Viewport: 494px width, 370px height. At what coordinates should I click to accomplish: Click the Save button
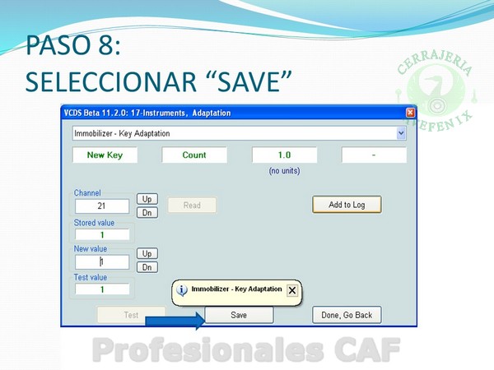coord(239,315)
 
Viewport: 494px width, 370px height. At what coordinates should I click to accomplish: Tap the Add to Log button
coord(347,205)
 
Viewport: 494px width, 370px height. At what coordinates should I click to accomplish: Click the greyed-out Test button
coord(131,315)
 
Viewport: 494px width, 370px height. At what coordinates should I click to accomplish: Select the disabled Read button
coord(192,205)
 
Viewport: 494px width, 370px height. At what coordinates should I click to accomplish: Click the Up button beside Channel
coord(147,199)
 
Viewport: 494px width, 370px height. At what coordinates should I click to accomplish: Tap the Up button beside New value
coord(147,253)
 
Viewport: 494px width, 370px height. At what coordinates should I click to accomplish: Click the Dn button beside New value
coord(147,267)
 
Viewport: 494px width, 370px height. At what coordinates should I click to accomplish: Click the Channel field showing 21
coord(102,206)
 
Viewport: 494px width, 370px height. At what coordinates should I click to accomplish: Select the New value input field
coord(102,261)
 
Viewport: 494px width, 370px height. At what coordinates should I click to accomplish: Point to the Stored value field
coord(102,234)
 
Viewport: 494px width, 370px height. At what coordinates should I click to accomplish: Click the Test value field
coord(102,289)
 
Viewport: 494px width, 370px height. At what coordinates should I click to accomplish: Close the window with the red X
coord(410,113)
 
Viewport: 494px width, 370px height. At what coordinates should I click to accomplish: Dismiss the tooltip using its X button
coord(292,290)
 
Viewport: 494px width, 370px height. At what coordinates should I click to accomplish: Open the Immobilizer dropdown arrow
coord(401,133)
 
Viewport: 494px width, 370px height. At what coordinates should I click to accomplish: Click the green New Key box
coord(105,155)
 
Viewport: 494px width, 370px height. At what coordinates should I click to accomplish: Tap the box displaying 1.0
coord(285,155)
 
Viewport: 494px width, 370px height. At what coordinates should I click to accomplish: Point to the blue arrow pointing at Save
coord(175,321)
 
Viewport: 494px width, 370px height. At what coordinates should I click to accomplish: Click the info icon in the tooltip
coord(182,290)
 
